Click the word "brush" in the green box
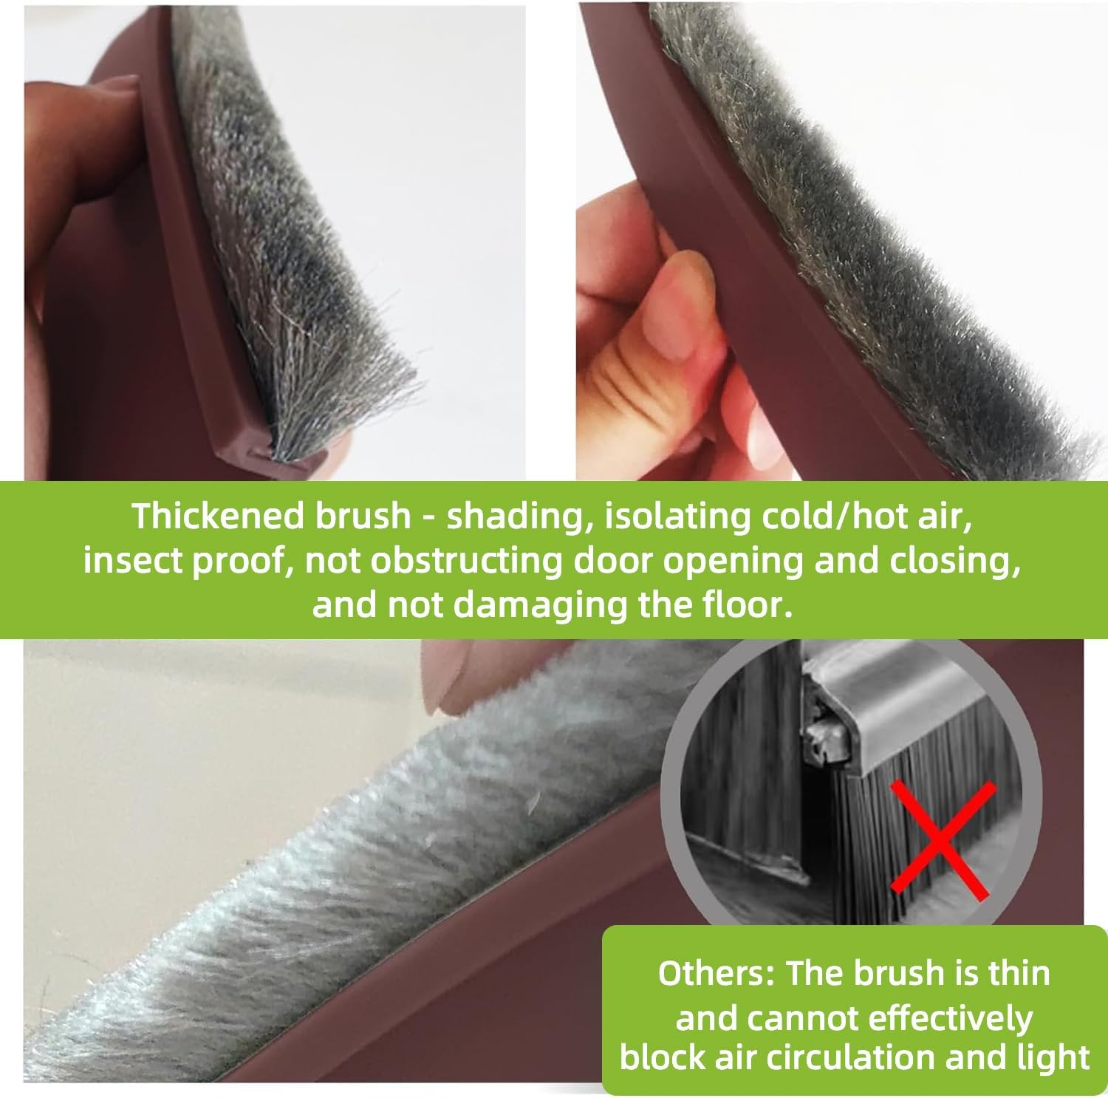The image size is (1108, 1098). [x=899, y=973]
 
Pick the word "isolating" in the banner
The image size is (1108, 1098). [x=671, y=516]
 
